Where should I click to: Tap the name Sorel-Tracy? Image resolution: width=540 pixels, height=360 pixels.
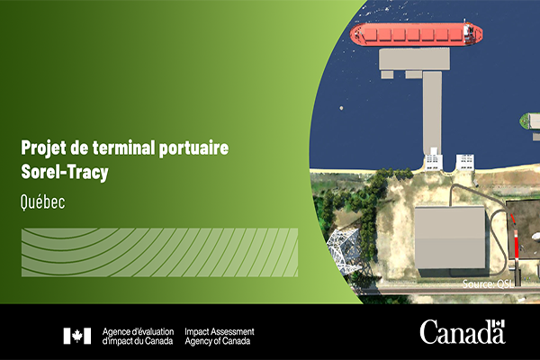(x=65, y=172)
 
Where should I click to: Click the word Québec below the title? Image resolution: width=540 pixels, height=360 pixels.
(x=42, y=202)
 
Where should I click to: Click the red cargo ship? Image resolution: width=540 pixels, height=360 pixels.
(x=416, y=34)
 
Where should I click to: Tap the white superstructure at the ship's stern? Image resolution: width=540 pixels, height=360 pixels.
(x=468, y=32)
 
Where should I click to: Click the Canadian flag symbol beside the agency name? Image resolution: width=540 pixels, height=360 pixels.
(x=77, y=336)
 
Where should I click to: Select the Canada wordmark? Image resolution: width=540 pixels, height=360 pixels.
(x=463, y=332)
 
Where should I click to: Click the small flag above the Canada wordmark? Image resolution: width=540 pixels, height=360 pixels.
(x=499, y=324)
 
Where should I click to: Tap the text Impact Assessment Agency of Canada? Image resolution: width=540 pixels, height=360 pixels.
(x=220, y=337)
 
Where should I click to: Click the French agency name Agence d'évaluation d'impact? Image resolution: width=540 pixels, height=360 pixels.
(x=138, y=337)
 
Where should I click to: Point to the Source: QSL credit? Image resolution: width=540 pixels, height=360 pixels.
(x=488, y=284)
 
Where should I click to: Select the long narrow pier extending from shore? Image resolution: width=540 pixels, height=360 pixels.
(x=432, y=113)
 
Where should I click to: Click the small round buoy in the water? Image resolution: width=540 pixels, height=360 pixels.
(x=341, y=108)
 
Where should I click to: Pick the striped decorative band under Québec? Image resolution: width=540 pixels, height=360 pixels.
(x=159, y=252)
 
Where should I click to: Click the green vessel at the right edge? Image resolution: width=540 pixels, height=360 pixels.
(x=530, y=121)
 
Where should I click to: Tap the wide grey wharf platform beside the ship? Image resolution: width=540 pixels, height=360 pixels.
(x=414, y=59)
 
